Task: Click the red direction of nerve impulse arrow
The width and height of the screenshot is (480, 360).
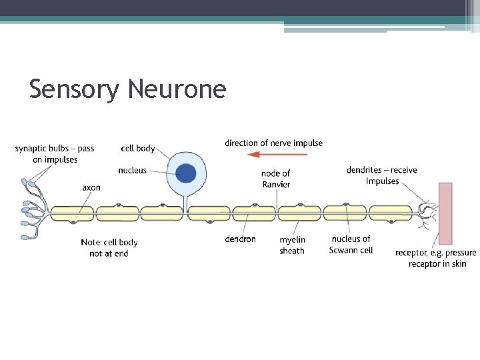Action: (277, 154)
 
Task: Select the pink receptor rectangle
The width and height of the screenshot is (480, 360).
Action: (445, 213)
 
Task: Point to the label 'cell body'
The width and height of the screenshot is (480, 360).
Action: (138, 148)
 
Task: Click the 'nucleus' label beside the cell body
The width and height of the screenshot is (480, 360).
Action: (132, 171)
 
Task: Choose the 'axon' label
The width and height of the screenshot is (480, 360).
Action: (91, 187)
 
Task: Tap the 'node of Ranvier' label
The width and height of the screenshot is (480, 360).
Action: (276, 179)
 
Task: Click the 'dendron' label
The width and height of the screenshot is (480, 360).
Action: (240, 239)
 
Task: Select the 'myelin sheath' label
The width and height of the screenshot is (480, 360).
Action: (292, 245)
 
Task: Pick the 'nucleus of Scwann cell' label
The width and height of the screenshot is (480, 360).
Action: (351, 245)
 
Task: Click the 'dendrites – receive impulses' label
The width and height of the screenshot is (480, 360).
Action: (382, 175)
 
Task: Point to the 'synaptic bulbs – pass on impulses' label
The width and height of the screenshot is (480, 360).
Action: (55, 154)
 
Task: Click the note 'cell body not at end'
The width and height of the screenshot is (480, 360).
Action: (109, 248)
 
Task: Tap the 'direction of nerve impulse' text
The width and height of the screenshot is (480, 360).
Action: (273, 143)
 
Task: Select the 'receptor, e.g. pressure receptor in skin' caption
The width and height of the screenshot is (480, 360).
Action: (436, 259)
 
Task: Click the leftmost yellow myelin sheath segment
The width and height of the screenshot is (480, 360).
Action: (72, 213)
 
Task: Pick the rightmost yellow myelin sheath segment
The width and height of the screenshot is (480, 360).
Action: (390, 213)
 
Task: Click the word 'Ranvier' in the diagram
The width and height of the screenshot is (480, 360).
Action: (276, 185)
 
